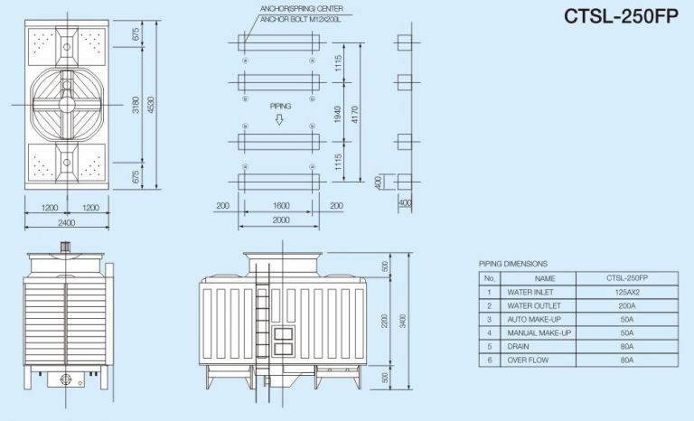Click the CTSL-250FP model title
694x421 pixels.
pyautogui.click(x=621, y=16)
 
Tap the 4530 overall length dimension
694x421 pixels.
pyautogui.click(x=152, y=105)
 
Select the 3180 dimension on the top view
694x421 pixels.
pyautogui.click(x=136, y=105)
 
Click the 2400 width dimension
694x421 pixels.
pyautogui.click(x=66, y=222)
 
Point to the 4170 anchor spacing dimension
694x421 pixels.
pyautogui.click(x=354, y=114)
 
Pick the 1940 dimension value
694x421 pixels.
pyautogui.click(x=338, y=114)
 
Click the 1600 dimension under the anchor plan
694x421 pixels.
pyautogui.click(x=281, y=205)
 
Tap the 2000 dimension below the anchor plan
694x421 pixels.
pyautogui.click(x=281, y=220)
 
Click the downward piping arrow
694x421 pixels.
pyautogui.click(x=279, y=119)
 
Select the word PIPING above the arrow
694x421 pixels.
pyautogui.click(x=281, y=107)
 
